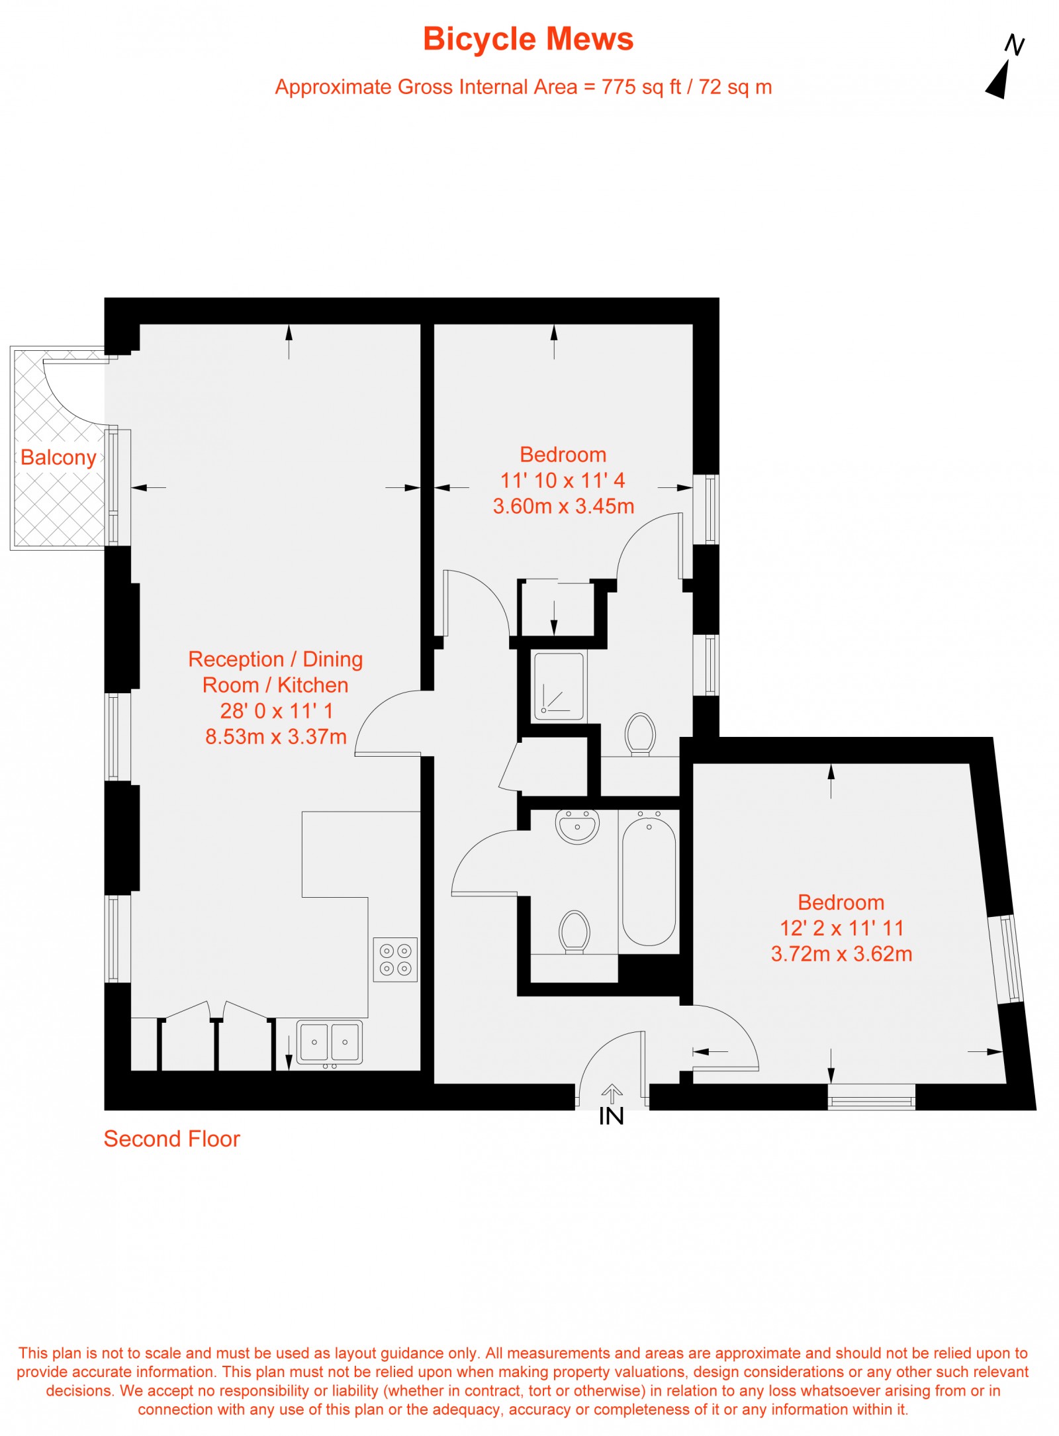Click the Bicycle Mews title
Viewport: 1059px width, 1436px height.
point(528,39)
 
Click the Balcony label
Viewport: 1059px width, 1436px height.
point(58,457)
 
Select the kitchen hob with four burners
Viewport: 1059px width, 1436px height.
point(395,959)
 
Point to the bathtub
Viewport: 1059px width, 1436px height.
point(649,881)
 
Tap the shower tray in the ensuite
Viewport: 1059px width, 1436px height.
point(559,687)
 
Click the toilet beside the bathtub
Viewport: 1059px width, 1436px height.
point(574,931)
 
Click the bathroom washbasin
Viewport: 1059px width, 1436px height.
point(577,827)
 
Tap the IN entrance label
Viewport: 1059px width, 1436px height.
point(611,1117)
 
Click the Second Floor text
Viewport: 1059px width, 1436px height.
point(171,1139)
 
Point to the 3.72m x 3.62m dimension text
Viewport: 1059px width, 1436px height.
point(841,954)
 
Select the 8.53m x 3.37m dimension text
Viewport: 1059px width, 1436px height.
point(275,737)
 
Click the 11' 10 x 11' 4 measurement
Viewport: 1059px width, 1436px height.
point(563,480)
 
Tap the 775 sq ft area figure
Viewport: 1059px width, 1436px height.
point(641,87)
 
